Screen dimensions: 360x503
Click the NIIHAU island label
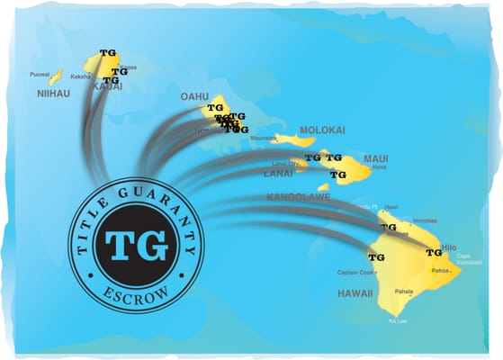(x=53, y=93)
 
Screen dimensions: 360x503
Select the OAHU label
(x=194, y=96)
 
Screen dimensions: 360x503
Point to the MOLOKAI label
(x=322, y=130)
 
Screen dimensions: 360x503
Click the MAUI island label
(x=376, y=159)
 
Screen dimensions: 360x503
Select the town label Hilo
(x=450, y=247)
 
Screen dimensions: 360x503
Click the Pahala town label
(x=403, y=292)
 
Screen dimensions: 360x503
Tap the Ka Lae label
(x=397, y=320)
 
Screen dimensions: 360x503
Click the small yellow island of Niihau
(x=56, y=77)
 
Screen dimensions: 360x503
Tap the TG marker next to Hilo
(x=434, y=253)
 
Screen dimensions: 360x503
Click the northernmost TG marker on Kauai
(x=108, y=53)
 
